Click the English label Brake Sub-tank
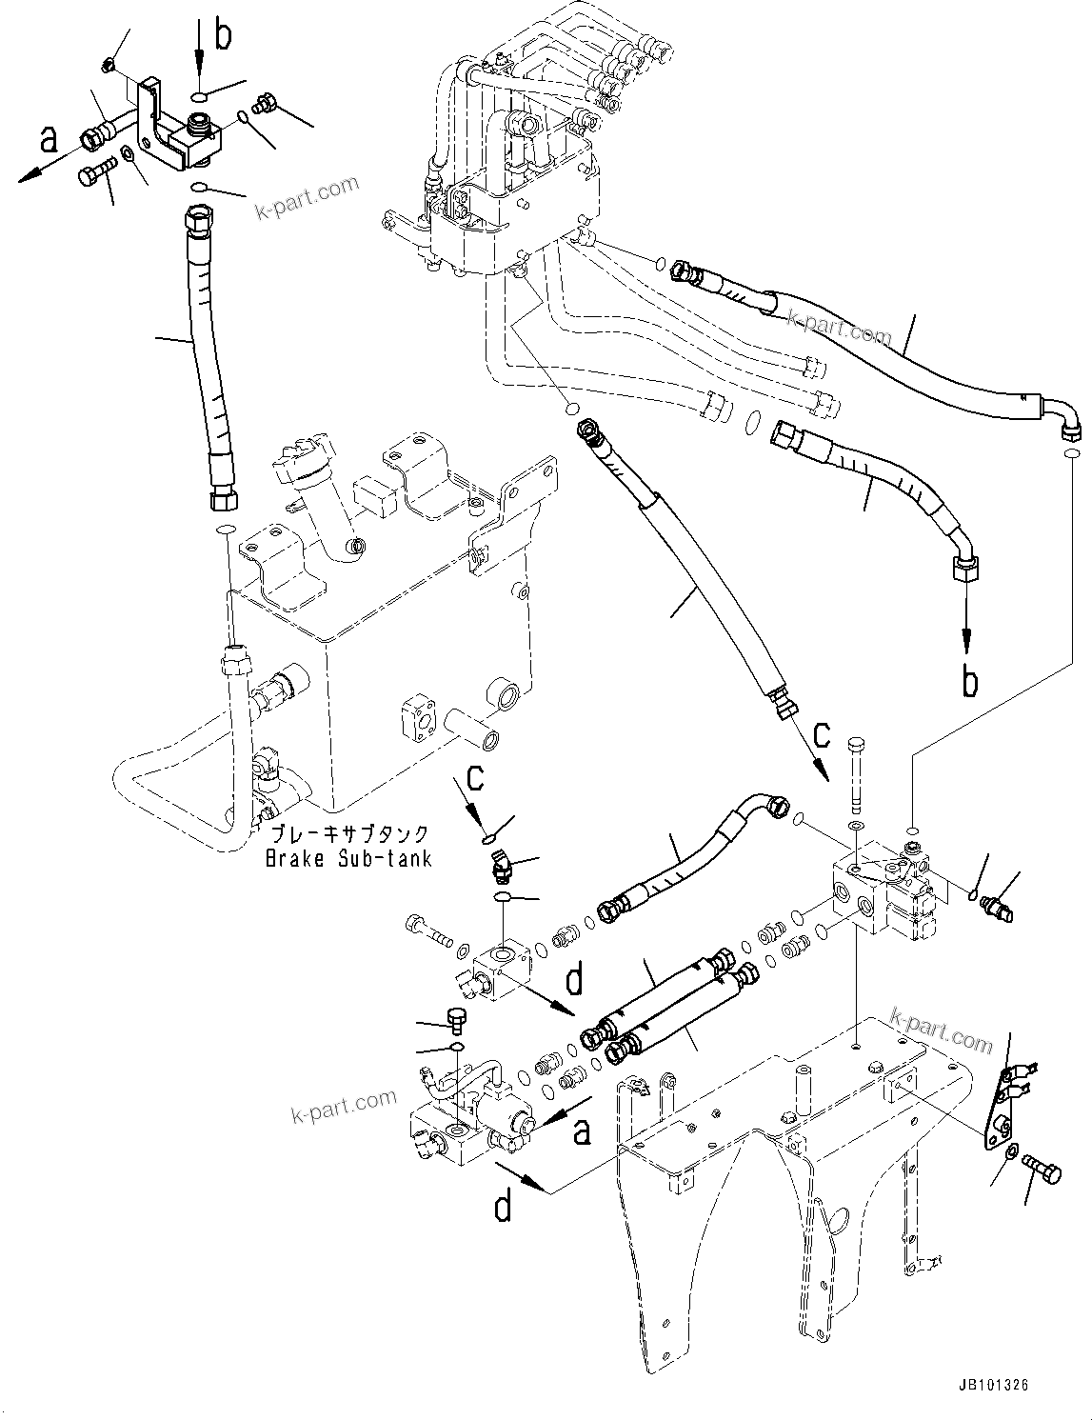pos(348,858)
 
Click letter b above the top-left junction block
pos(222,35)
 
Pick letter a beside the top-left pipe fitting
pos(48,140)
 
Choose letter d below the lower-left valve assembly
pos(502,1206)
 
